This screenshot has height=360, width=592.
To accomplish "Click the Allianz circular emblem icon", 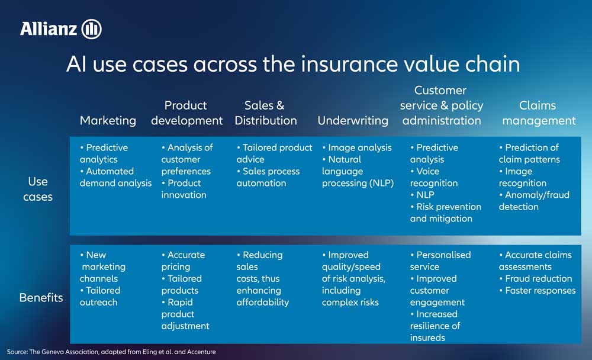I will [92, 28].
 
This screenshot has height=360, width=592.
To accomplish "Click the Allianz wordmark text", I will [50, 28].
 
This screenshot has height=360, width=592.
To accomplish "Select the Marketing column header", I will [108, 120].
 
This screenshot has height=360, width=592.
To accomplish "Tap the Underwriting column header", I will [353, 120].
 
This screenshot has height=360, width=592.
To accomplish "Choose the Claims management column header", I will [538, 113].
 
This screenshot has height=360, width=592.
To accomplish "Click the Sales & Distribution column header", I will [265, 113].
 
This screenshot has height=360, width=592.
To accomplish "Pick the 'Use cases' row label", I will [38, 189].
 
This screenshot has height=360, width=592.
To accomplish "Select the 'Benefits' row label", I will [41, 297].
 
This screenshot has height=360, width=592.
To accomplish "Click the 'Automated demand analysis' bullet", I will [115, 177].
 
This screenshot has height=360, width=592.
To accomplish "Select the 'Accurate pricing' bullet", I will [183, 261].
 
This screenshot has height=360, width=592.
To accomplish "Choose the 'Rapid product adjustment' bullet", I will [185, 314].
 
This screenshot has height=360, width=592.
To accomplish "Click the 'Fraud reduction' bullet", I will [538, 278].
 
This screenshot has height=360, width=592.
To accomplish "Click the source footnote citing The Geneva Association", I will [111, 352].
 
